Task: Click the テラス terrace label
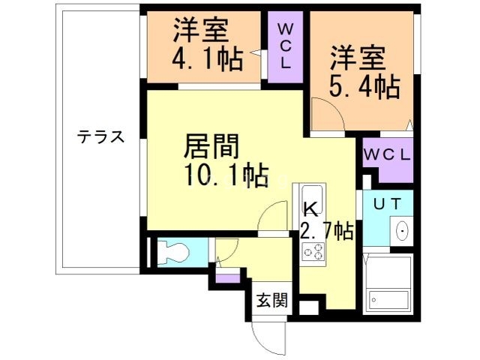point(100,137)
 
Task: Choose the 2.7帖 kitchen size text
point(327,231)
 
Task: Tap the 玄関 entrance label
point(272,301)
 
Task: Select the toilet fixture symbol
point(172,251)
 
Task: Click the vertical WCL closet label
point(286,47)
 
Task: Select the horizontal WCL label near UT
point(387,155)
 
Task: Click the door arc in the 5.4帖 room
point(328,116)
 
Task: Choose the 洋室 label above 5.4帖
point(357,56)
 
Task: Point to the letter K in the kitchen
point(309,210)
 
